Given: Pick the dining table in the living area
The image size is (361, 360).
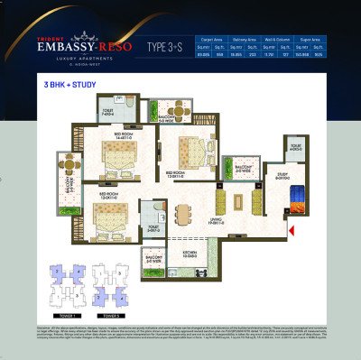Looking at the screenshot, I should pos(185,215).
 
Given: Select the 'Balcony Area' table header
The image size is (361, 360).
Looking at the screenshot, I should pos(245,41).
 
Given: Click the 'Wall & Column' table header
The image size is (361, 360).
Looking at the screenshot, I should pos(278,41).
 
